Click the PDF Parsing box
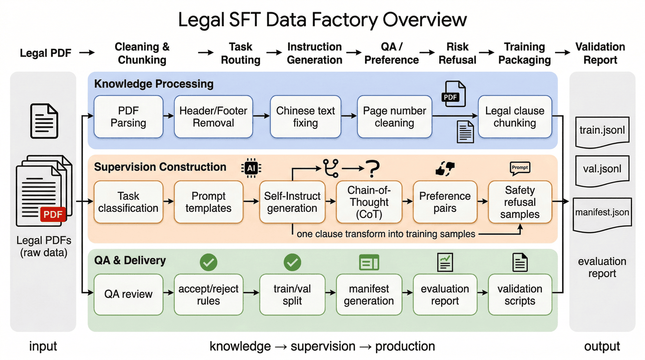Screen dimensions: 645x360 click(x=128, y=117)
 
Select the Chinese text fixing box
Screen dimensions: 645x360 click(x=305, y=117)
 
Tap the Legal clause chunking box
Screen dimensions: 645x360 click(x=515, y=117)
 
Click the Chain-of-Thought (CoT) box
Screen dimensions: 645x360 click(x=369, y=202)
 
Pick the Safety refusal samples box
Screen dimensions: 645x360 click(x=520, y=202)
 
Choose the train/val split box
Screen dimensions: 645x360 click(x=292, y=294)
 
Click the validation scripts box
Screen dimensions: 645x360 click(x=520, y=294)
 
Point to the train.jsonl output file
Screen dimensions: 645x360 click(x=602, y=132)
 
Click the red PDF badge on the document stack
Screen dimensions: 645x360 click(x=53, y=214)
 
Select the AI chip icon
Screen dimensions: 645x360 click(x=251, y=168)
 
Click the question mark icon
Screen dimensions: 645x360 click(x=373, y=169)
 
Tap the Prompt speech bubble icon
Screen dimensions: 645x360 click(x=520, y=168)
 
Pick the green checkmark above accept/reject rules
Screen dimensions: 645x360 click(x=209, y=262)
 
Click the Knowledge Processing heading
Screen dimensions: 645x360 click(x=154, y=84)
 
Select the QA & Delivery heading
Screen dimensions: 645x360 click(x=130, y=260)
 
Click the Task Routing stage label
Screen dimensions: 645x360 click(x=241, y=53)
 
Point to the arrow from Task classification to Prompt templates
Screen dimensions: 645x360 click(x=168, y=201)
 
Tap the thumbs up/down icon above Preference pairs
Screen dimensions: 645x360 click(x=445, y=168)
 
